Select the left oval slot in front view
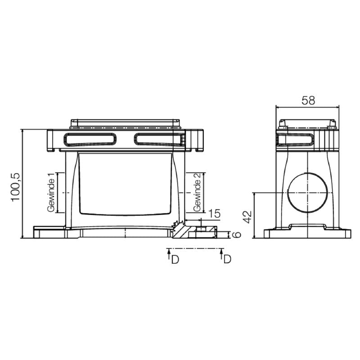point(90,139)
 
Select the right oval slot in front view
point(159,139)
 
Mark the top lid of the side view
point(307,124)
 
